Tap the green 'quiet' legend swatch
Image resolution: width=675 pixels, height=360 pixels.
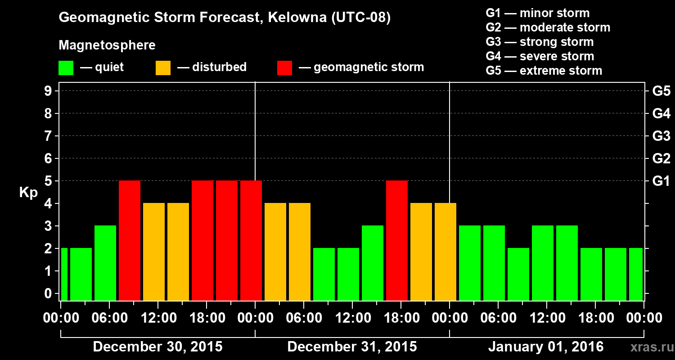click(66, 68)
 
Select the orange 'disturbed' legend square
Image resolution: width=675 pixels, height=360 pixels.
click(163, 68)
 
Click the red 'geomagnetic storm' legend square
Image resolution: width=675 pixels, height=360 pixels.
click(284, 68)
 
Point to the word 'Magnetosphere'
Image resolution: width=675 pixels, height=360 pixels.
click(107, 45)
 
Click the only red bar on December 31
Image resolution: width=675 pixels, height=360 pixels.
click(397, 240)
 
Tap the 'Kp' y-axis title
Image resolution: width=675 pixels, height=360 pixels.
click(28, 193)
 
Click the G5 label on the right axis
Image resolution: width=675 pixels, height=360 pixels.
click(661, 91)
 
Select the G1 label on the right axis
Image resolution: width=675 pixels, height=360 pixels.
click(661, 181)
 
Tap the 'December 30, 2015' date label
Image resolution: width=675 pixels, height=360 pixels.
click(157, 347)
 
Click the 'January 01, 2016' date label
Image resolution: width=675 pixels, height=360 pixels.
click(546, 347)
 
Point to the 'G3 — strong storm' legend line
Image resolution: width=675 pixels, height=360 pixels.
click(540, 42)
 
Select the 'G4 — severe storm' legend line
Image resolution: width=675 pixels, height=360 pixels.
click(540, 56)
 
